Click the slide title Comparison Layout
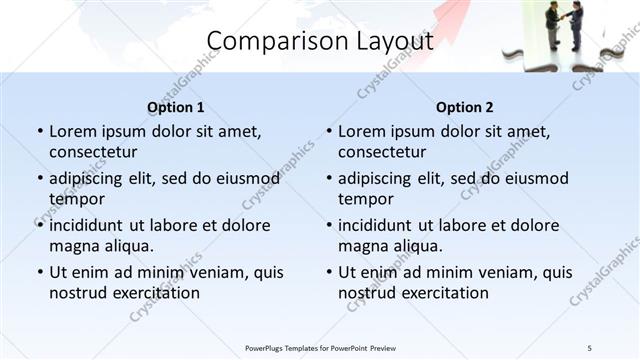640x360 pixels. point(319,41)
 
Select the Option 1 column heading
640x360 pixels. point(175,107)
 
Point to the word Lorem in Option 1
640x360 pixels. point(73,131)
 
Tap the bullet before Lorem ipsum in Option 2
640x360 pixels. point(329,131)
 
